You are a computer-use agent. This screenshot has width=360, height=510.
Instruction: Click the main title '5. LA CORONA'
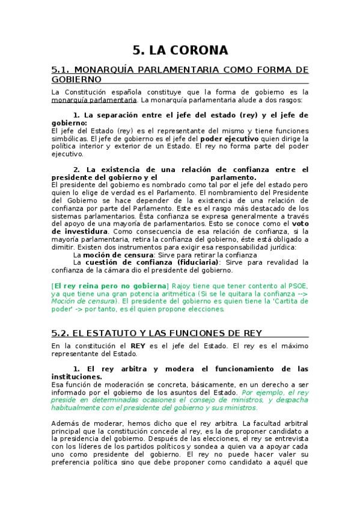180,50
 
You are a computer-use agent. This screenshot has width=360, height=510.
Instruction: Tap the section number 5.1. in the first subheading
62,69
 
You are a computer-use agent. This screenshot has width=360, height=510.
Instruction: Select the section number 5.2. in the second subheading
62,332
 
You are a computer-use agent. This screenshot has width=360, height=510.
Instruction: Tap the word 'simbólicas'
70,138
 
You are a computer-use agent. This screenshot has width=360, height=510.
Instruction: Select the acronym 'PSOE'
298,285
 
